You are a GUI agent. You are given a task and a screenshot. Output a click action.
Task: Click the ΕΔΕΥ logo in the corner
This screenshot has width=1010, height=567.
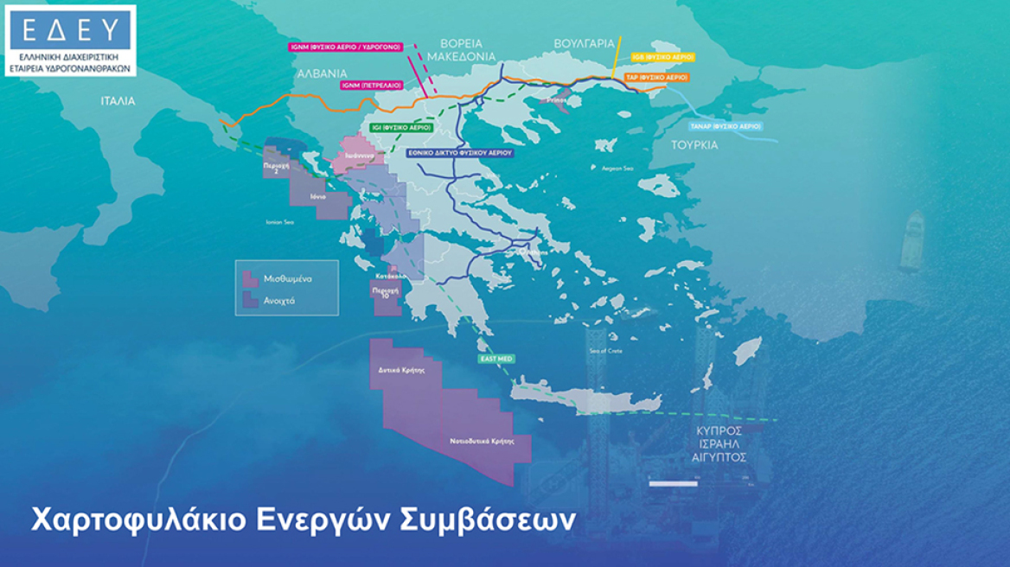(x=70, y=41)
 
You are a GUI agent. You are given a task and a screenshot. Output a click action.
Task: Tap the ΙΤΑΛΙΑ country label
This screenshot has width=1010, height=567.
(x=118, y=101)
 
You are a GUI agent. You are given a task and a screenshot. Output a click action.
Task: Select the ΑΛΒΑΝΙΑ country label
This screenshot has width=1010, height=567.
(x=322, y=73)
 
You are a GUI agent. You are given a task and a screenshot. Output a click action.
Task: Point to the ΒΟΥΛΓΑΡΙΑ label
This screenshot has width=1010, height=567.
(x=585, y=42)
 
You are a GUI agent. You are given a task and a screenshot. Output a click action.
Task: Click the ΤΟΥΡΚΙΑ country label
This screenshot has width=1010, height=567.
(x=694, y=145)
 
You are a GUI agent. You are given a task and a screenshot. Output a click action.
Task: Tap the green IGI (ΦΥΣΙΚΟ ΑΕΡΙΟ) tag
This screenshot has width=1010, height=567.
(x=401, y=127)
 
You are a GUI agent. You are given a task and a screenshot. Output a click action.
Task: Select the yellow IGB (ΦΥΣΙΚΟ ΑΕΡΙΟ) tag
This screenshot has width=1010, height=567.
(x=664, y=54)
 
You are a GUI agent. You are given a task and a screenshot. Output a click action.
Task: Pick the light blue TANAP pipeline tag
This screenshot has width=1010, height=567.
(x=726, y=126)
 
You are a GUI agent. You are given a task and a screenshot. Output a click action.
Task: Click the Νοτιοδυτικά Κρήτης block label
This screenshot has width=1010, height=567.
(x=476, y=440)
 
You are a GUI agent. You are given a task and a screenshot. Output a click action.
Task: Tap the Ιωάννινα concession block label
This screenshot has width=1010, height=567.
(x=358, y=156)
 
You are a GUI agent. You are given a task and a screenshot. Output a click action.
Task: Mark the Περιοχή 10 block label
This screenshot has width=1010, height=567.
(x=385, y=293)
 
